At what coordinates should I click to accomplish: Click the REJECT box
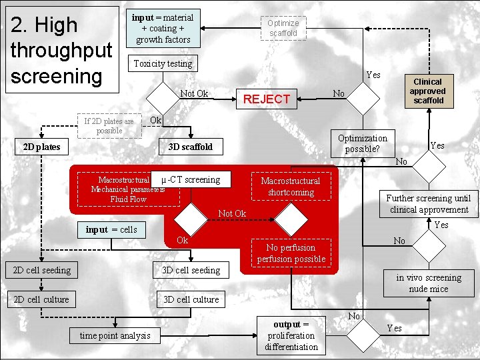point(267,99)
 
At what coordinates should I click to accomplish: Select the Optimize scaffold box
point(283,28)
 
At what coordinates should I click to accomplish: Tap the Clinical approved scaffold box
point(427,91)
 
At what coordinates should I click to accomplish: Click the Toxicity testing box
point(163,64)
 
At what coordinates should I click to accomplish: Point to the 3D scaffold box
point(191,147)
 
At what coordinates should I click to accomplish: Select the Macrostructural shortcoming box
point(290,187)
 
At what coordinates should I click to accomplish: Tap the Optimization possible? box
point(362,143)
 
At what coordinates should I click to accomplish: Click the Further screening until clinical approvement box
point(427,203)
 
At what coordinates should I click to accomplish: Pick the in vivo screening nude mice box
point(428,283)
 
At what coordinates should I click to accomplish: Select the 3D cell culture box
point(191,299)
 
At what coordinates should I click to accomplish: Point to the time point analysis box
point(115,335)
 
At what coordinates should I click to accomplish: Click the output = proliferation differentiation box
point(291,335)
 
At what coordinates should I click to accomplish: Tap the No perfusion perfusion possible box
point(291,253)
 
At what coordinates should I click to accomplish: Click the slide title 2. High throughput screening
point(59,50)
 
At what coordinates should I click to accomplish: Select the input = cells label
point(111,229)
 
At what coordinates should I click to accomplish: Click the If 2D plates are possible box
point(109,126)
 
